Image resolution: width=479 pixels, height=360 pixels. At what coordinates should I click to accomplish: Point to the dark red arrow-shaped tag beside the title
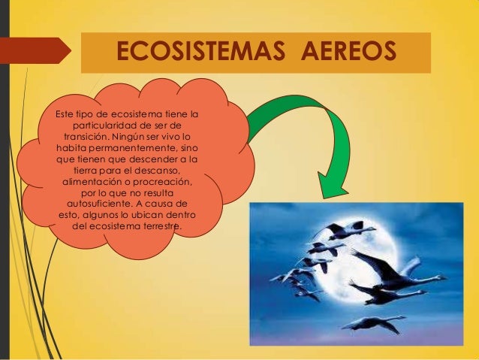(x=38, y=51)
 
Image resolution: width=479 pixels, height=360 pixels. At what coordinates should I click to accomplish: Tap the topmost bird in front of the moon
(x=342, y=229)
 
